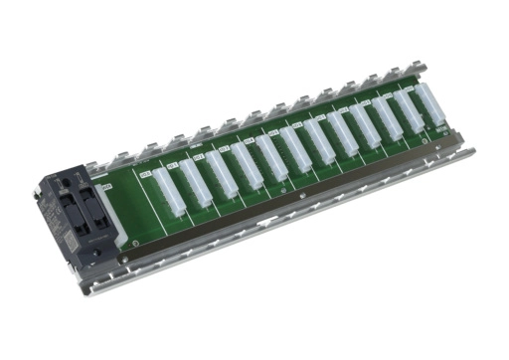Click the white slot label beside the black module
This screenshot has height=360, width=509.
click(x=107, y=185)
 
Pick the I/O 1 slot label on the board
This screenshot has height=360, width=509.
click(x=171, y=163)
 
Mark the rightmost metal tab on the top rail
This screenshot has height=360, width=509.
click(x=422, y=67)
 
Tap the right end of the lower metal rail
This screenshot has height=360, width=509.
click(x=467, y=154)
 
